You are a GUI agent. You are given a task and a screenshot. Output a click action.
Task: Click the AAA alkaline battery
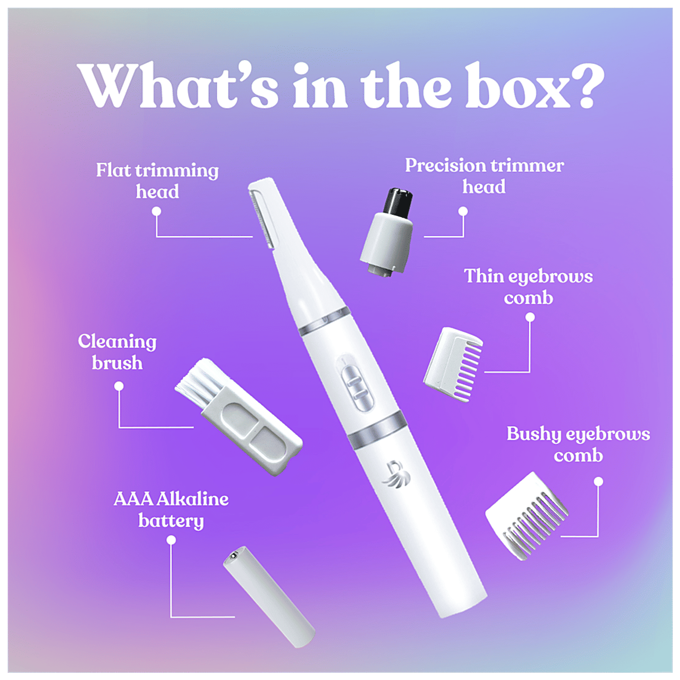[269, 596]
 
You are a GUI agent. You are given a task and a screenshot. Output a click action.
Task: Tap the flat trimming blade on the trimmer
[262, 218]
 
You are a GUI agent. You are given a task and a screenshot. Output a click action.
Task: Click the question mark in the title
[588, 85]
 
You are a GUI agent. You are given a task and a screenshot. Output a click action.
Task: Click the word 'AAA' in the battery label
[133, 499]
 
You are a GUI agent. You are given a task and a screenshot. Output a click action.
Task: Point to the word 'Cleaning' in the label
[117, 342]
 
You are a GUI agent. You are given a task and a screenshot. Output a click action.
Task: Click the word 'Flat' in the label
[114, 170]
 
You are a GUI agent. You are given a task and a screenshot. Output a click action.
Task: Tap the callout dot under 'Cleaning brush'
[119, 386]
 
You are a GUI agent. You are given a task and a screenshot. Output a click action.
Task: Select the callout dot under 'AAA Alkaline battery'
[171, 540]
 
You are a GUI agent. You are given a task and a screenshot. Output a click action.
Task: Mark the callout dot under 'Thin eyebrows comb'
[530, 318]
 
